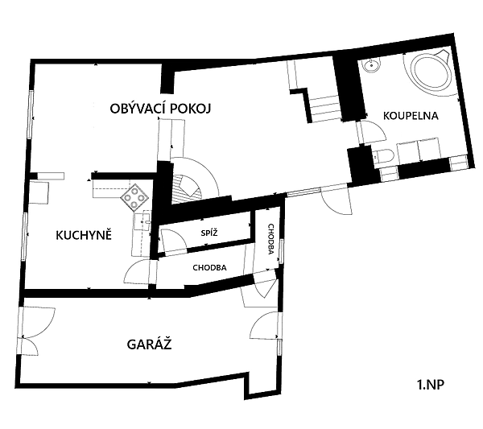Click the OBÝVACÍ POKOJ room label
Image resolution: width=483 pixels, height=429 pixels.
[160, 109]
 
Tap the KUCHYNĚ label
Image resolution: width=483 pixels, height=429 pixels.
[84, 235]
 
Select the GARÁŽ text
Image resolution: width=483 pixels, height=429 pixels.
[149, 344]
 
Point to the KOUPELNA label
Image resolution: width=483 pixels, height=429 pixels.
[411, 116]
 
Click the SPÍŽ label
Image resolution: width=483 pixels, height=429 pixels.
[209, 233]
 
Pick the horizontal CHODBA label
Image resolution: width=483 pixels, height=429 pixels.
[209, 268]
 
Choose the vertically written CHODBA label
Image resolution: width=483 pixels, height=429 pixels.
[270, 239]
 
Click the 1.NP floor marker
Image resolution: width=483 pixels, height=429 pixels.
[431, 385]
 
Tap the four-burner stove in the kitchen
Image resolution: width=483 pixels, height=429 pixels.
[134, 197]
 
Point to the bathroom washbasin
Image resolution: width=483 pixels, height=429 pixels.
[372, 65]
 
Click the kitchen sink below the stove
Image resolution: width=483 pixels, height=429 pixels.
[142, 221]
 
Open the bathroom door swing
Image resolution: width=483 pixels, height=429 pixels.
[370, 132]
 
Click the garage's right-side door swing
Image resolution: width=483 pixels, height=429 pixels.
[266, 325]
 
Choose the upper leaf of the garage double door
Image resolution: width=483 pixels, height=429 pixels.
[38, 322]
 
